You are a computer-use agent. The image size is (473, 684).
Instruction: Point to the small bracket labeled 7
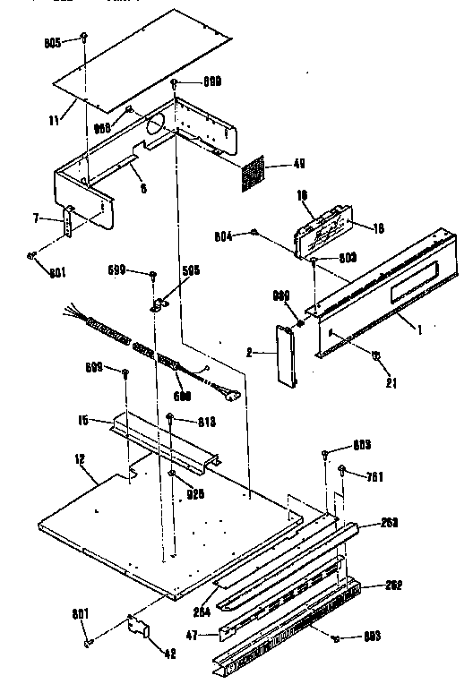68,222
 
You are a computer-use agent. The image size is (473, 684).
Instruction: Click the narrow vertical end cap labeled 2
285,355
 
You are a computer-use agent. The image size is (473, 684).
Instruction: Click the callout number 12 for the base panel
80,459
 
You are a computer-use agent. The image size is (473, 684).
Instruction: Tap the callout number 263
390,522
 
